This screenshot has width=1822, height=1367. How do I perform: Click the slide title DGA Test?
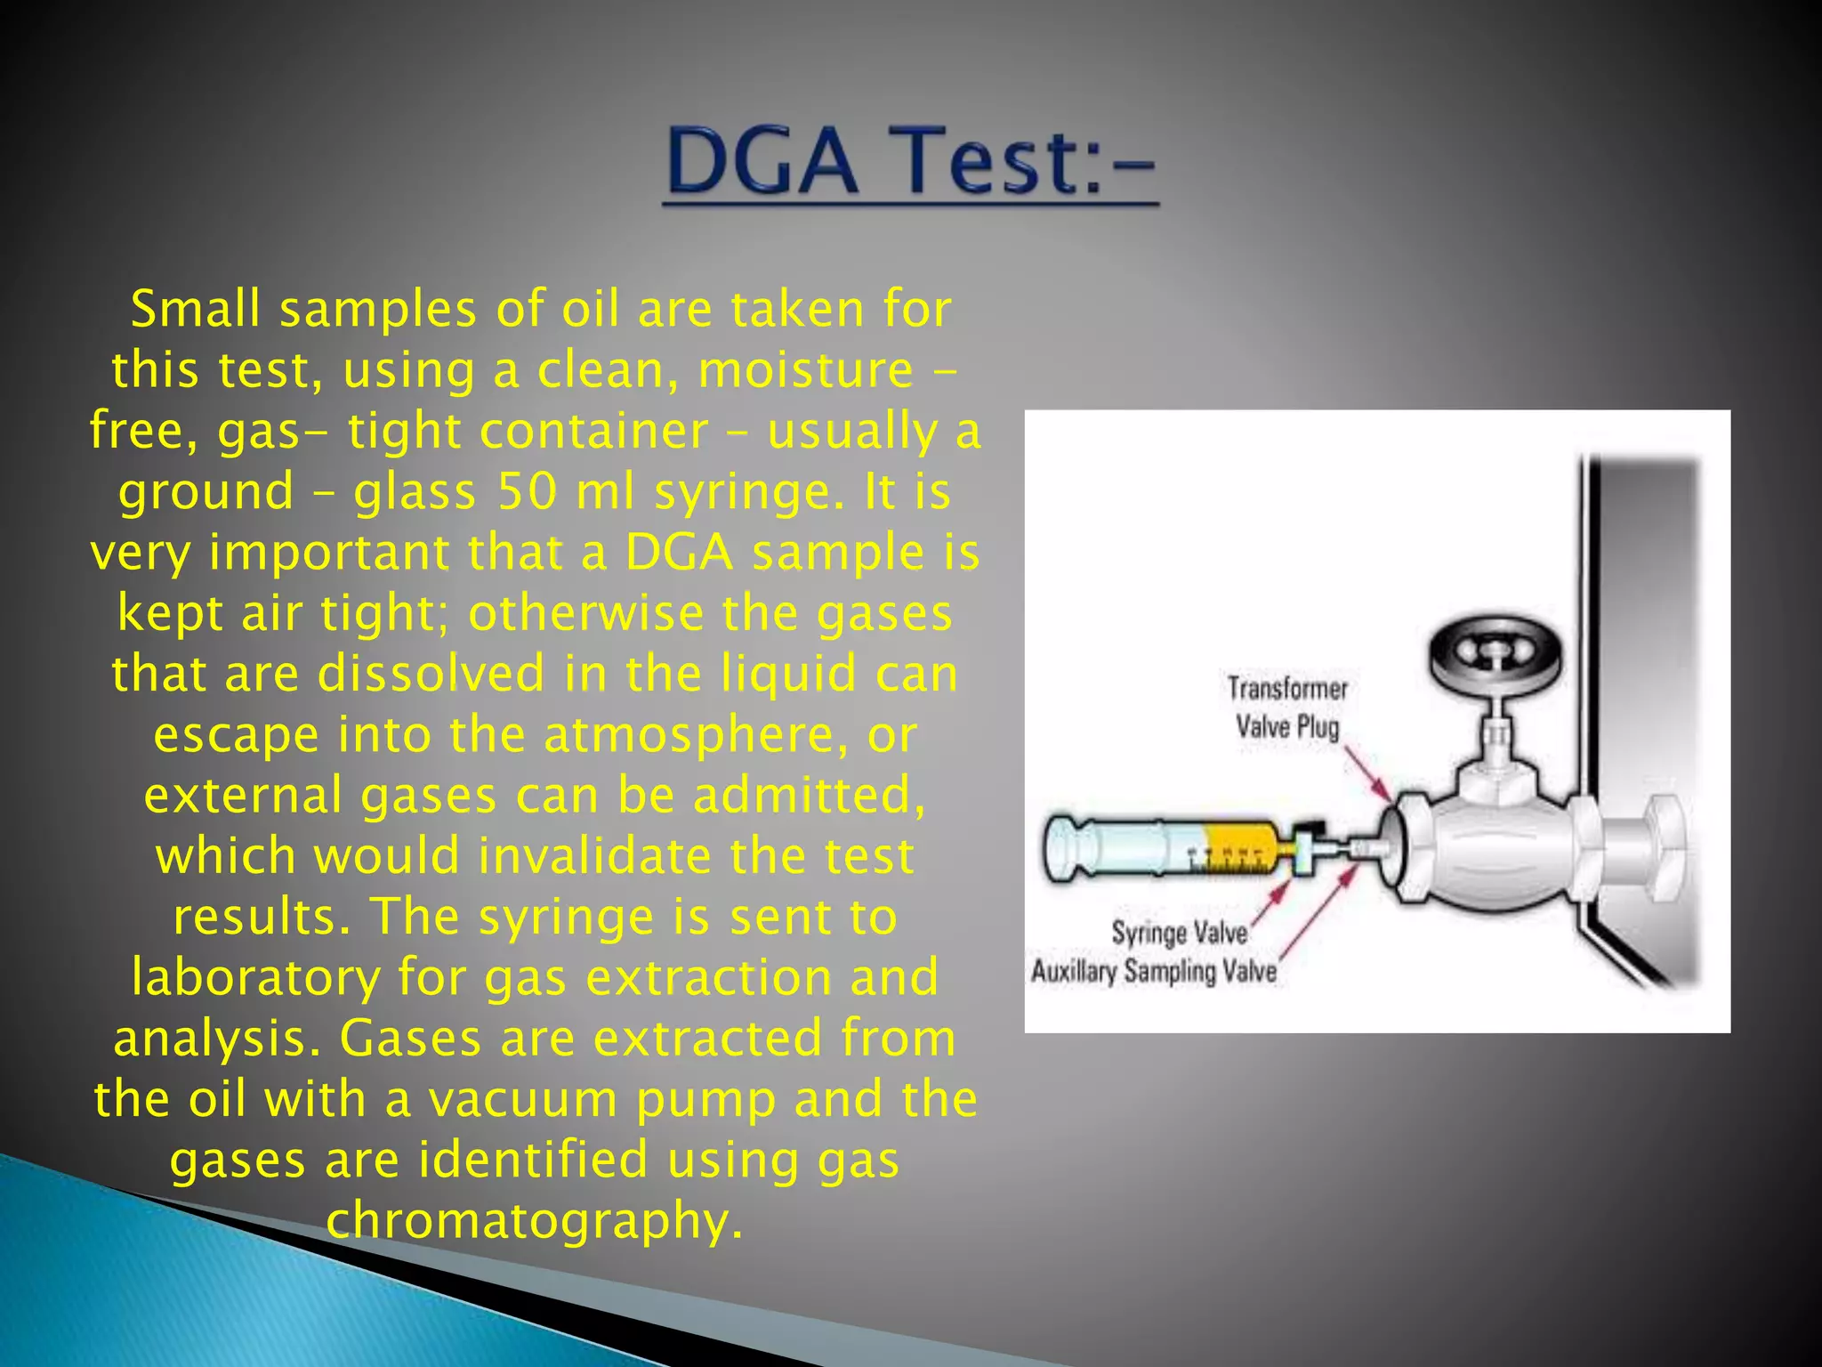pyautogui.click(x=910, y=162)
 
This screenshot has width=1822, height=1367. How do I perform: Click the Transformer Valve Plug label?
pyautogui.click(x=1287, y=708)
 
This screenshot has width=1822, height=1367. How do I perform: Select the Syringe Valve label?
pyautogui.click(x=1179, y=933)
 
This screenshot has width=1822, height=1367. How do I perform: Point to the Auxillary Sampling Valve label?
pyautogui.click(x=1154, y=971)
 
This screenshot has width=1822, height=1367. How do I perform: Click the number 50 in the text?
pyautogui.click(x=527, y=492)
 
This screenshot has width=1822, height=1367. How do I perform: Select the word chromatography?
pyautogui.click(x=534, y=1221)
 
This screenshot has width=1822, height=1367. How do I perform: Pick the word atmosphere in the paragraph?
pyautogui.click(x=694, y=735)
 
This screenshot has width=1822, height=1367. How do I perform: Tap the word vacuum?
pyautogui.click(x=523, y=1100)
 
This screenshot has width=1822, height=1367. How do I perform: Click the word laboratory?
pyautogui.click(x=255, y=978)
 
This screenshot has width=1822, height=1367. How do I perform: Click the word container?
pyautogui.click(x=593, y=433)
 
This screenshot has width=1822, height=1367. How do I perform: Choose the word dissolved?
pyautogui.click(x=431, y=674)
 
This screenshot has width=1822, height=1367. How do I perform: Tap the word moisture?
pyautogui.click(x=805, y=371)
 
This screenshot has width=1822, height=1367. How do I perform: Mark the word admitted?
pyautogui.click(x=809, y=796)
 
